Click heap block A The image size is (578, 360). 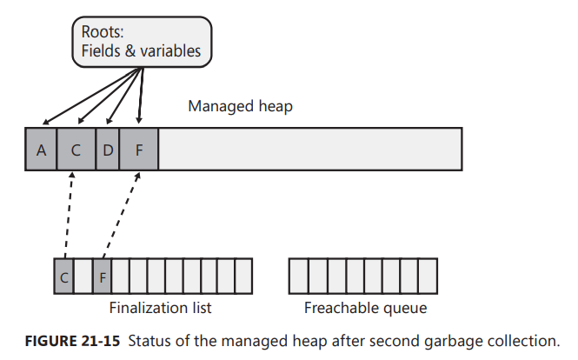click(41, 149)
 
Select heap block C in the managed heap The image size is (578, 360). click(76, 149)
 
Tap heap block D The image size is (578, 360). click(107, 149)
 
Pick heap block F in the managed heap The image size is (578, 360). click(138, 149)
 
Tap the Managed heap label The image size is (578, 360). click(241, 107)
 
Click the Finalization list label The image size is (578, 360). click(160, 308)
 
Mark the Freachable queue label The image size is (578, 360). click(365, 308)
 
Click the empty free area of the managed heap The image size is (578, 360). click(309, 149)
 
